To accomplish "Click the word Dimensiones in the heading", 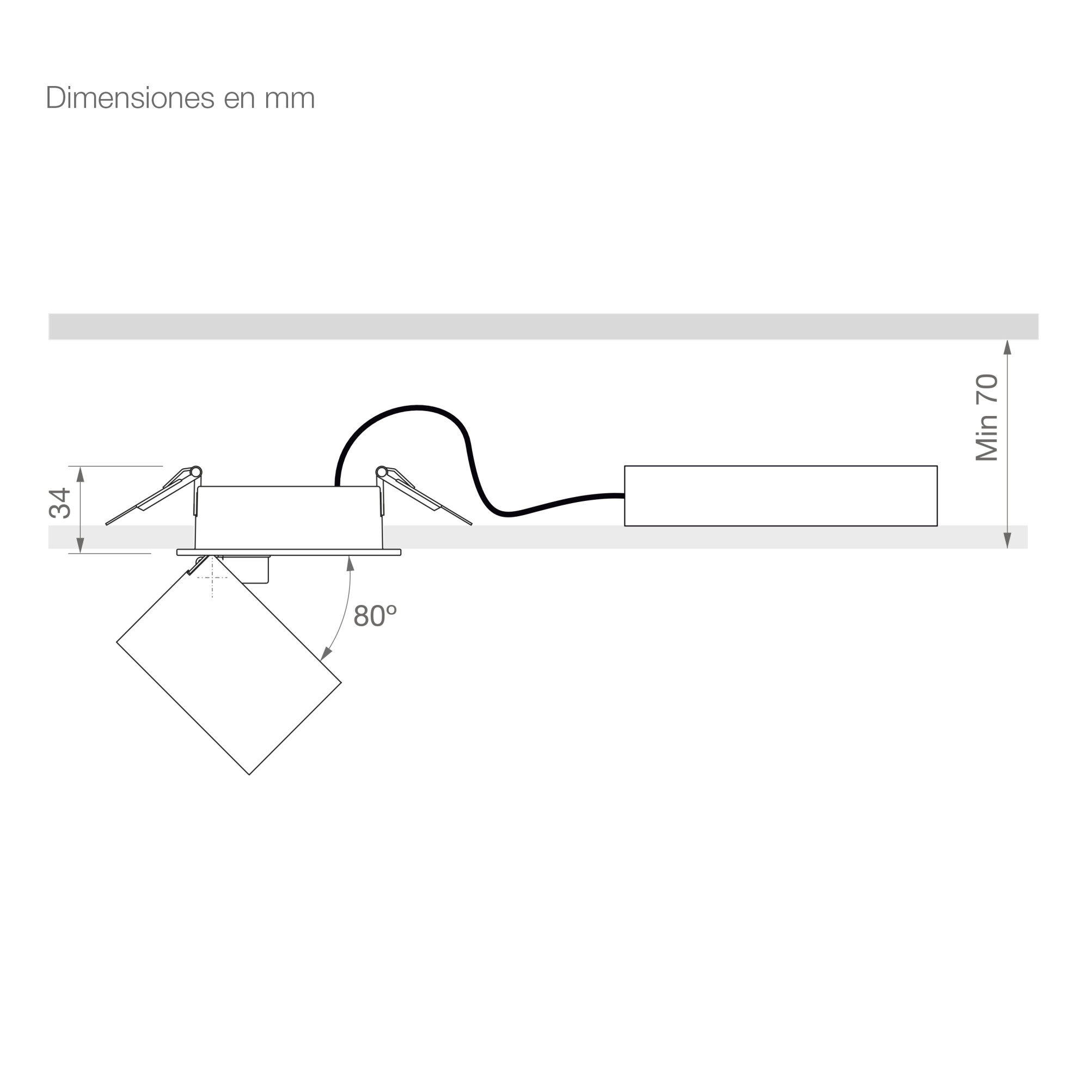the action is [130, 97].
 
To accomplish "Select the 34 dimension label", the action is [59, 503].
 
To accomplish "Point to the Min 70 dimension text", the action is [987, 418].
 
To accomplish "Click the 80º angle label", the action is [375, 616].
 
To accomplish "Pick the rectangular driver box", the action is [781, 496].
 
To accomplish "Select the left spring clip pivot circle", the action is [196, 472].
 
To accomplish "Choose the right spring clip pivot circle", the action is [382, 472].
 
